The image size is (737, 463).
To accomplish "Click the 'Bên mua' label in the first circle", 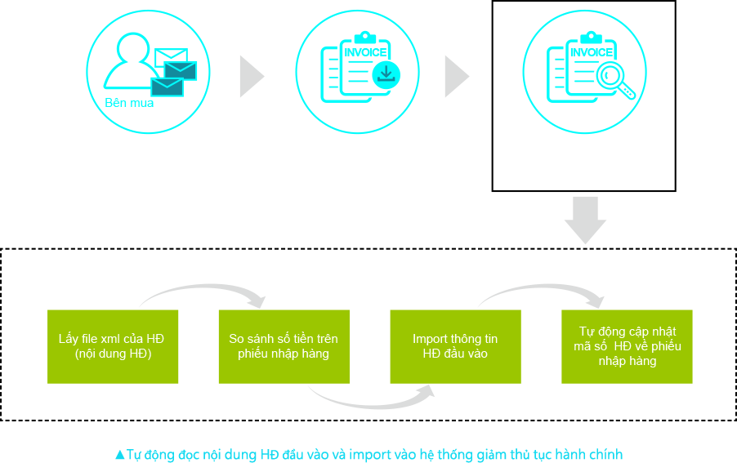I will click(x=129, y=104).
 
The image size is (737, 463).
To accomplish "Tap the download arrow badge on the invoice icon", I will click(x=386, y=75).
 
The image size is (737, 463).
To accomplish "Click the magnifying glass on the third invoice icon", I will click(x=613, y=78).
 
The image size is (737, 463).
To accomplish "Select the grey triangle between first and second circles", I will click(x=250, y=77).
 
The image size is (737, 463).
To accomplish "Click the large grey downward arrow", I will click(x=585, y=221).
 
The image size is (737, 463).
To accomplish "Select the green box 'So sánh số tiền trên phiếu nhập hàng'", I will click(x=284, y=346).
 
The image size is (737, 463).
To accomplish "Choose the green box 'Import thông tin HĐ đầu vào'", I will click(x=455, y=346).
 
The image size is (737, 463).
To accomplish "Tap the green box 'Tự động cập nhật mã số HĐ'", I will click(x=627, y=346).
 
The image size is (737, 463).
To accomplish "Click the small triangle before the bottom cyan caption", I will click(x=120, y=454).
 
